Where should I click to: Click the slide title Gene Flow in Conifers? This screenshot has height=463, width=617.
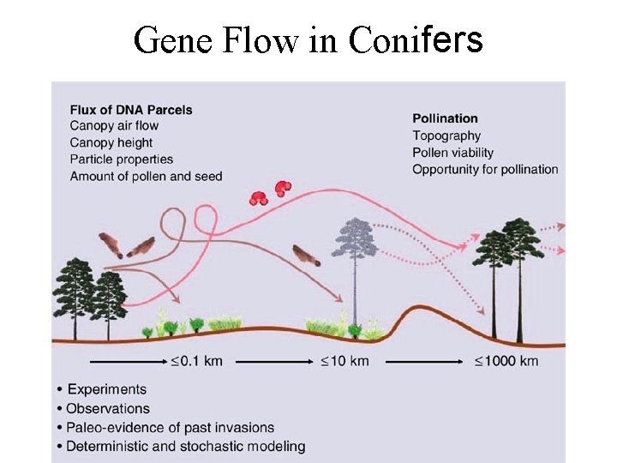coord(308,39)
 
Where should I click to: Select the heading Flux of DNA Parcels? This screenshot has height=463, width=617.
coord(131,109)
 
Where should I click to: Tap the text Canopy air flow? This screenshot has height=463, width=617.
coord(114,126)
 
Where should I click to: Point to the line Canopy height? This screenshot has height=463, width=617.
coord(111,142)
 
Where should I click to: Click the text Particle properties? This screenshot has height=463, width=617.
coord(121,159)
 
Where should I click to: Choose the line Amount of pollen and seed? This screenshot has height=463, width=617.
coord(146,177)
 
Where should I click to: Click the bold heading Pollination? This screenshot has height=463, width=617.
coord(445,118)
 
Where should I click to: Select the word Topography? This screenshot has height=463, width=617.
coord(446,135)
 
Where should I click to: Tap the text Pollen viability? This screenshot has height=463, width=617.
coord(453,153)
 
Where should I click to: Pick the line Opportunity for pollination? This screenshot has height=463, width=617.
coord(485,170)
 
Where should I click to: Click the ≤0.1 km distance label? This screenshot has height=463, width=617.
coord(196,361)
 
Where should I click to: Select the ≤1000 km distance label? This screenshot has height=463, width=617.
coord(506,361)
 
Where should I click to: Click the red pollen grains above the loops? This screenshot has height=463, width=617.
coord(270,193)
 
